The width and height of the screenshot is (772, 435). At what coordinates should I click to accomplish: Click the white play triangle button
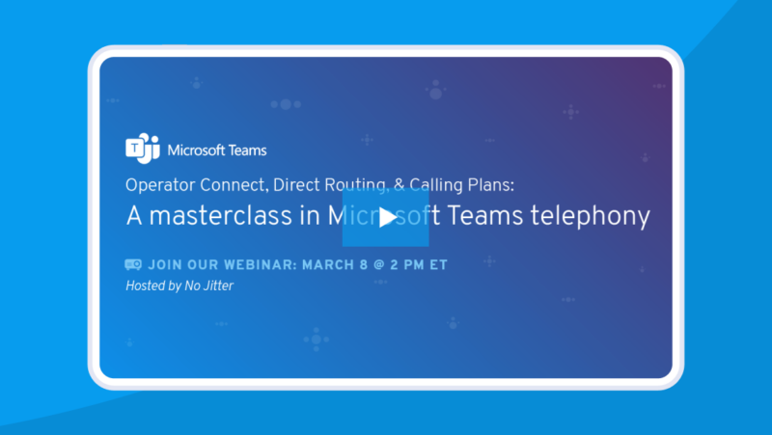coord(386,217)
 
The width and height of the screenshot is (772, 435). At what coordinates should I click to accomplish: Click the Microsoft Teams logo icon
coord(143,149)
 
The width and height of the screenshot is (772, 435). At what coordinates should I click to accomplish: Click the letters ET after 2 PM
coord(437,263)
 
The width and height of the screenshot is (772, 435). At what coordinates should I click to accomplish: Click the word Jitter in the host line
coord(217,285)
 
